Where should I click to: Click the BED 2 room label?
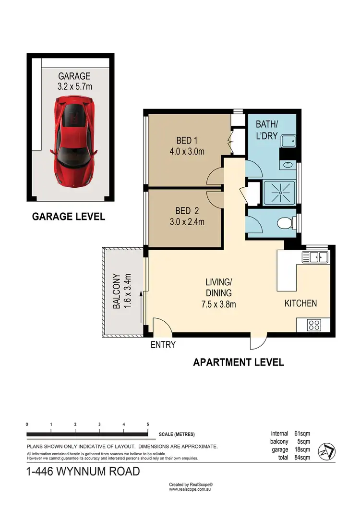coord(184,211)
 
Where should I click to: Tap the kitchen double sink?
coord(314,257)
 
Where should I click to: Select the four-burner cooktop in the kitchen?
coord(314,325)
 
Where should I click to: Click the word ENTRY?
coord(163,344)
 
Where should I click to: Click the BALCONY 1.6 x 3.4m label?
coord(121,291)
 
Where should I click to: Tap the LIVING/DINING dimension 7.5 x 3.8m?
coord(218,304)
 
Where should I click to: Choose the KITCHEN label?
coord(300,303)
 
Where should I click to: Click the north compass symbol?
coord(327,450)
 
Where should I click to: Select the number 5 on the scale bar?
coord(148,424)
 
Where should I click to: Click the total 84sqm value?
coord(302,458)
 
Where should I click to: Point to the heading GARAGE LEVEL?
coord(68,217)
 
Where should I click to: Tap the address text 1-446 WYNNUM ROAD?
coord(83,472)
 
